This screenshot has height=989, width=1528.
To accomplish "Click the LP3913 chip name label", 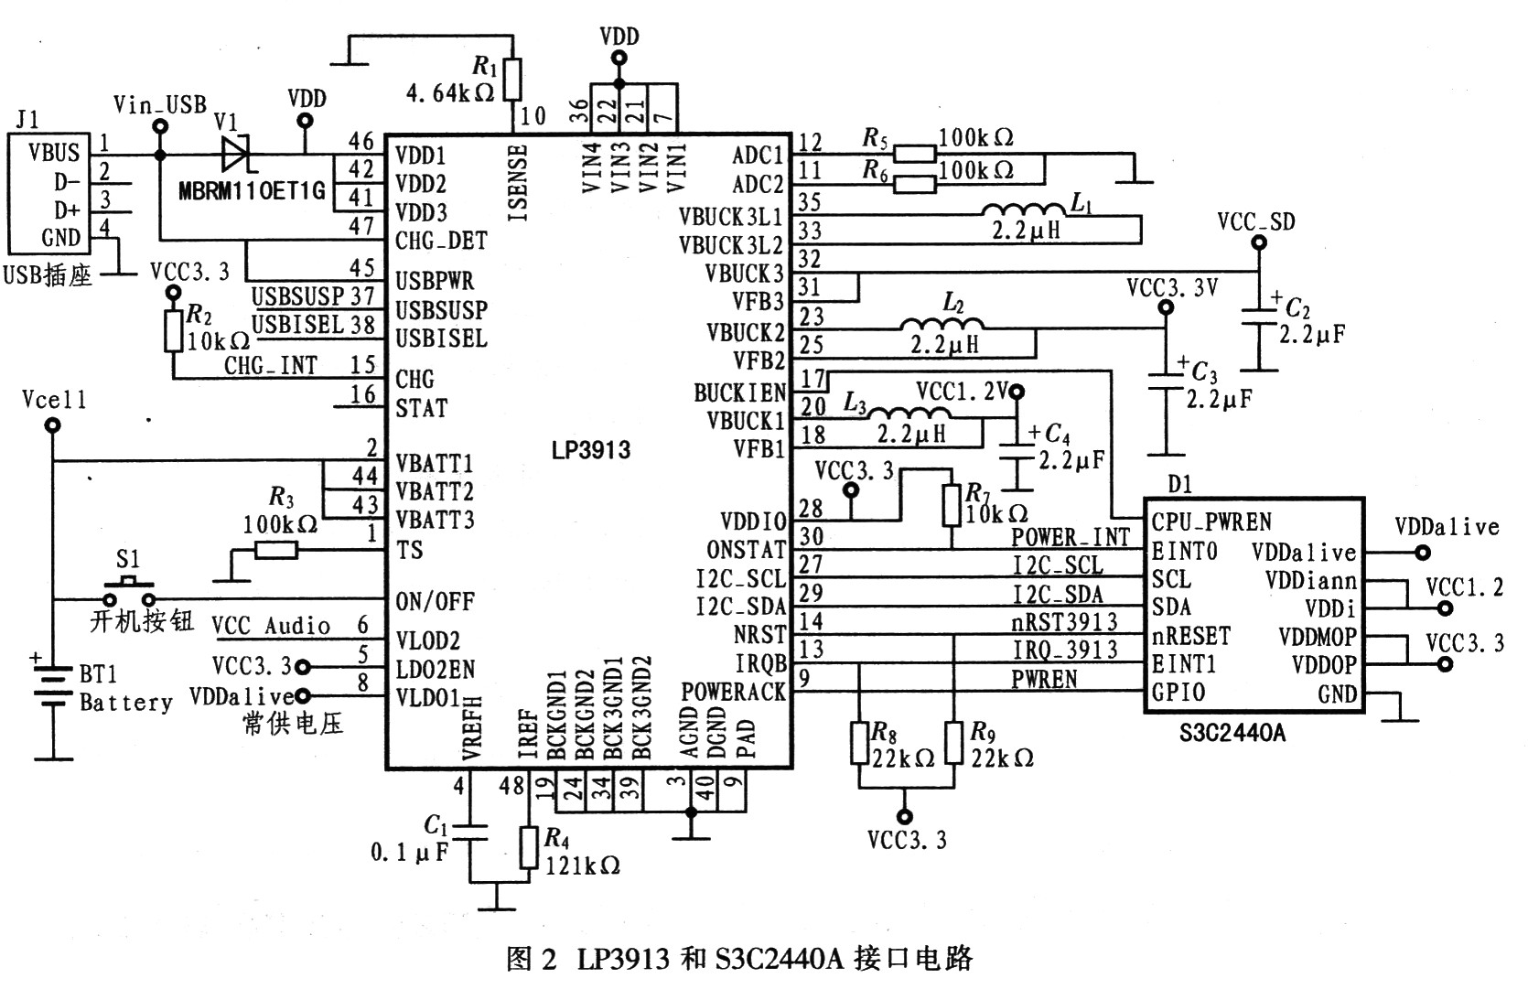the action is [x=591, y=450].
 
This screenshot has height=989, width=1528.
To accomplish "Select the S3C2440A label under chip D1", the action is [x=1232, y=733].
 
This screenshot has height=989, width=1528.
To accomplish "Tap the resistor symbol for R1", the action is [x=512, y=80].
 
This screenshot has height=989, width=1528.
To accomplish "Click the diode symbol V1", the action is [x=235, y=155].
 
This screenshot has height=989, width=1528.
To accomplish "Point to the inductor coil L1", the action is [x=1023, y=210].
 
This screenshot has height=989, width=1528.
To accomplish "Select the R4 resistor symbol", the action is [x=529, y=848].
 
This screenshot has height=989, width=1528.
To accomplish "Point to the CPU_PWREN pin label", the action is [x=1211, y=522].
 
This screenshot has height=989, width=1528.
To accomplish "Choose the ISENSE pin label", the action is [x=519, y=182].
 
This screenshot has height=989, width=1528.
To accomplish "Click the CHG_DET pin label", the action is [x=441, y=241].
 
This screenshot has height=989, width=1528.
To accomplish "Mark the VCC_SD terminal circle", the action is [x=1259, y=242].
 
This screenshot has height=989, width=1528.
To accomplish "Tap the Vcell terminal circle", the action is [x=52, y=425].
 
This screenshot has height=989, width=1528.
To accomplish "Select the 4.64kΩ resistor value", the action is [x=450, y=92].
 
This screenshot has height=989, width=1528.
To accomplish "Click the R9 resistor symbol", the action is [x=953, y=743].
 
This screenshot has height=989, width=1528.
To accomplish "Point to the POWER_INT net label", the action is [x=1071, y=537].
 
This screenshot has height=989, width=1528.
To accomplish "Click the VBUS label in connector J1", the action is [x=54, y=153].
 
